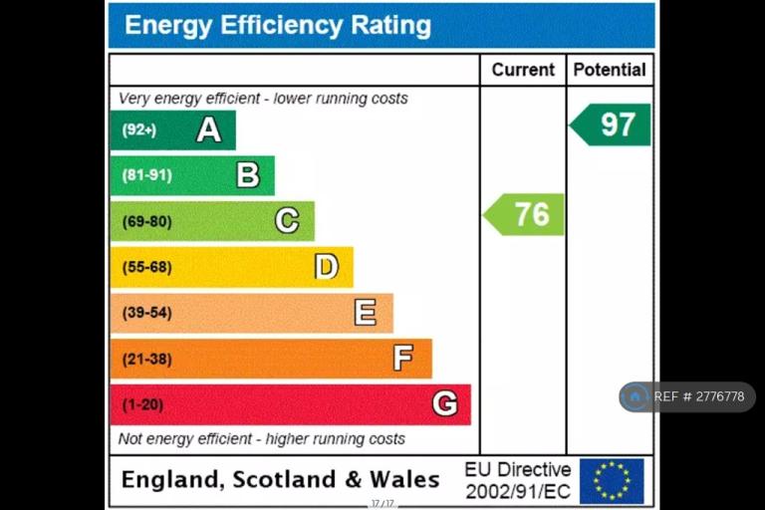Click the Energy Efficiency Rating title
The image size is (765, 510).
[x=278, y=26]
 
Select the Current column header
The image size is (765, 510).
[x=523, y=70]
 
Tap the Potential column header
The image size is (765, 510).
[x=610, y=70]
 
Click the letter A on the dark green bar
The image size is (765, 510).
[x=208, y=129]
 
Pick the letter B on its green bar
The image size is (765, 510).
[x=248, y=175]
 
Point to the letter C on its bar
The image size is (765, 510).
[x=287, y=220]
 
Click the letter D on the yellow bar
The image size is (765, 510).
[x=327, y=267]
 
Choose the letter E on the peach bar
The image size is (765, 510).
[x=366, y=313]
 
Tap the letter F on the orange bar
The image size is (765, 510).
[x=403, y=359]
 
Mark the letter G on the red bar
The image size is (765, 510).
[x=444, y=404]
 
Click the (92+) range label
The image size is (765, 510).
[x=139, y=129]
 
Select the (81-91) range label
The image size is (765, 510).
[x=146, y=175]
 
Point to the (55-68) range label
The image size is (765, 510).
[x=146, y=267]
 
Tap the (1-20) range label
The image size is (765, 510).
[x=142, y=404]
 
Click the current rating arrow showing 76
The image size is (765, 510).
[x=525, y=214]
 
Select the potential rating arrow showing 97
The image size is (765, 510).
[x=611, y=125]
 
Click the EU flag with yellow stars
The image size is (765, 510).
[x=612, y=480]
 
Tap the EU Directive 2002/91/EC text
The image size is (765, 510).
[x=517, y=480]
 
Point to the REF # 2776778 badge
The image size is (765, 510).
[x=686, y=396]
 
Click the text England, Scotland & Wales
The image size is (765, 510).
[x=280, y=479]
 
